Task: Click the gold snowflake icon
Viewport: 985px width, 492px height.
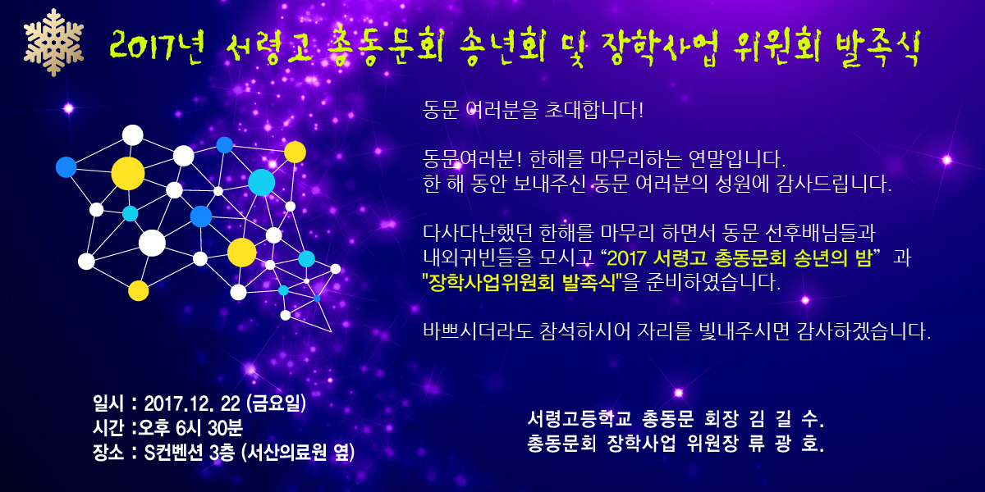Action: (53, 42)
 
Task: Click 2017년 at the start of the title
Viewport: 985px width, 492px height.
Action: (157, 47)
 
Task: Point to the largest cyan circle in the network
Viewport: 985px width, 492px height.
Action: (262, 182)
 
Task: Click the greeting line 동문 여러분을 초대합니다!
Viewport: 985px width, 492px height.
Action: (533, 110)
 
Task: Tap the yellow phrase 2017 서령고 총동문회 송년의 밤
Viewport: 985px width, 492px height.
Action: (740, 257)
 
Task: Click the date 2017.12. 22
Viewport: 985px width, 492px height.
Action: (192, 403)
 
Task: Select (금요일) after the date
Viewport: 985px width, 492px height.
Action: (276, 403)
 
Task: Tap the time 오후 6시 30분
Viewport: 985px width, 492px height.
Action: (190, 428)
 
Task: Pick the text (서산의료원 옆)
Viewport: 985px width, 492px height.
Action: (298, 453)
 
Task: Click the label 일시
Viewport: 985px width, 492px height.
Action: (108, 403)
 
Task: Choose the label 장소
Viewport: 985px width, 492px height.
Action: (108, 453)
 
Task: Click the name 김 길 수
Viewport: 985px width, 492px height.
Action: (786, 419)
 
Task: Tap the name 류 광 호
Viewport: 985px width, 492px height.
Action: (786, 444)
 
